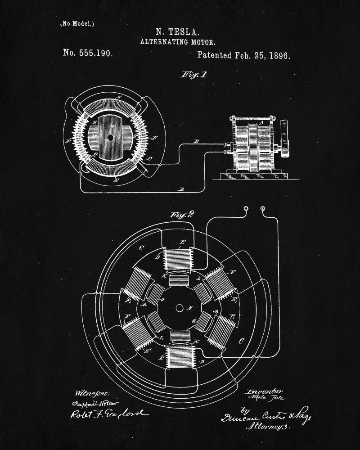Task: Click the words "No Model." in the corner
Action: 78,23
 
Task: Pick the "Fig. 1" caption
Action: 194,75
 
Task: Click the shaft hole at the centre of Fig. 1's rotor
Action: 110,138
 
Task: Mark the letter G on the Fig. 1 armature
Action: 112,127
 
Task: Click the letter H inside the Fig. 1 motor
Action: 93,135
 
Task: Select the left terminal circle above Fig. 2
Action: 246,209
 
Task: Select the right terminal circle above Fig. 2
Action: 263,209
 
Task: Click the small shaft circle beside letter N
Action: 180,308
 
